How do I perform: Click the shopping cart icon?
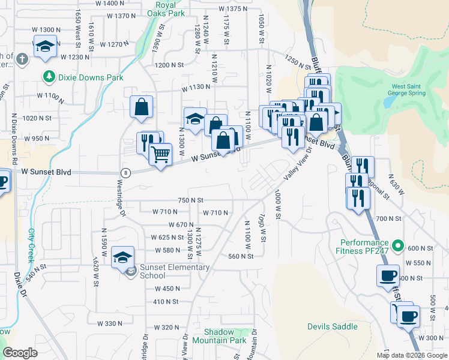(x=160, y=155)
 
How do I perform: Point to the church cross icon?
(x=22, y=59)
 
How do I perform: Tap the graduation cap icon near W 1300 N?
(x=45, y=47)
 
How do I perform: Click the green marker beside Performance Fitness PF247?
(x=398, y=245)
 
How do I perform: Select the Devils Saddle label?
(x=332, y=327)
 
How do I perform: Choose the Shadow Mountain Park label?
(x=225, y=336)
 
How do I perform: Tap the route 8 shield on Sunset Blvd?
(x=125, y=172)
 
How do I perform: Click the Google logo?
(x=20, y=353)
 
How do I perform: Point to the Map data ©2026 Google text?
(x=412, y=355)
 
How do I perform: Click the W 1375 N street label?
(x=233, y=9)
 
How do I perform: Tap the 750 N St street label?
(x=191, y=200)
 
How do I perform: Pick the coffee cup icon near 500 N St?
(x=388, y=276)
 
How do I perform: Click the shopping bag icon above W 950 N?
(x=141, y=107)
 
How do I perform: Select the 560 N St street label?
(x=240, y=256)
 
